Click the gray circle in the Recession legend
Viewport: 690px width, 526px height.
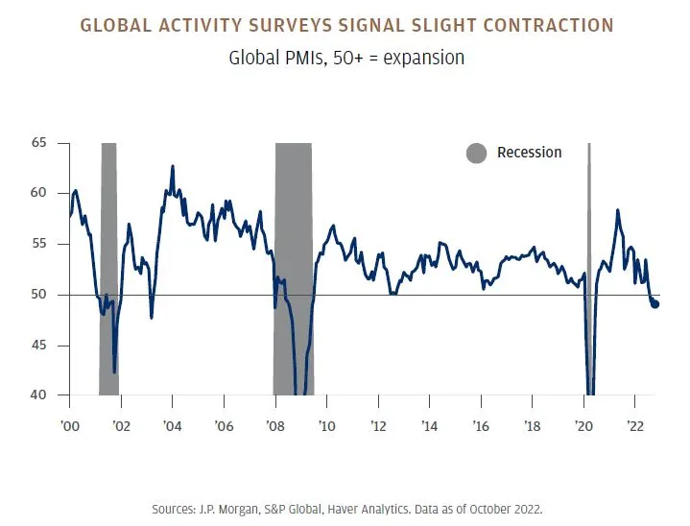[x=476, y=153]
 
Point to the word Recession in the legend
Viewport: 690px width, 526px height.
[x=529, y=153]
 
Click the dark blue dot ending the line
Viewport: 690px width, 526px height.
[x=655, y=304]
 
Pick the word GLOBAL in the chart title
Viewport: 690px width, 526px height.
[x=116, y=25]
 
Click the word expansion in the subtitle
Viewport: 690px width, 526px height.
[x=423, y=58]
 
